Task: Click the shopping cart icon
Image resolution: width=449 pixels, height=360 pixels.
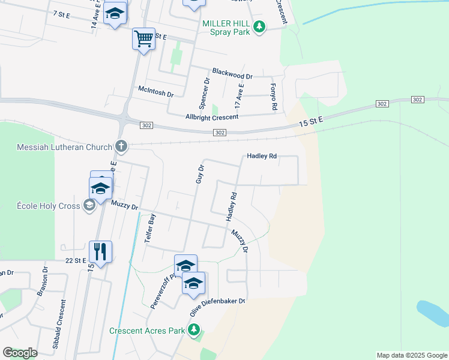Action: coord(143,39)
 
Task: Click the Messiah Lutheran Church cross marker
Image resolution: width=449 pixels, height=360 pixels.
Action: coord(121,146)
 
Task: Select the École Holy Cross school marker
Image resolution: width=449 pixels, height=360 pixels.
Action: coord(89,206)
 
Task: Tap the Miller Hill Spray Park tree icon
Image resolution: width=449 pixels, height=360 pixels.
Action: coord(259,27)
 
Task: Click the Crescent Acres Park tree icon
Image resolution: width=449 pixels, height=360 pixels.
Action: coord(194,330)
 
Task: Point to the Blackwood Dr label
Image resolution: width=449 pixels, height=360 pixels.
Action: coord(232,76)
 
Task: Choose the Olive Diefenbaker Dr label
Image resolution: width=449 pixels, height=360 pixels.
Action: coord(218,308)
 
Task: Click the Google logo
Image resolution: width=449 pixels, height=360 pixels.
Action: coord(20,353)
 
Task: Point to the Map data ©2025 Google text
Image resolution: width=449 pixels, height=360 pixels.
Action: coord(412,355)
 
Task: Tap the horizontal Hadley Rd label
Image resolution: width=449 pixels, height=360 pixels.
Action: coord(262,156)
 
